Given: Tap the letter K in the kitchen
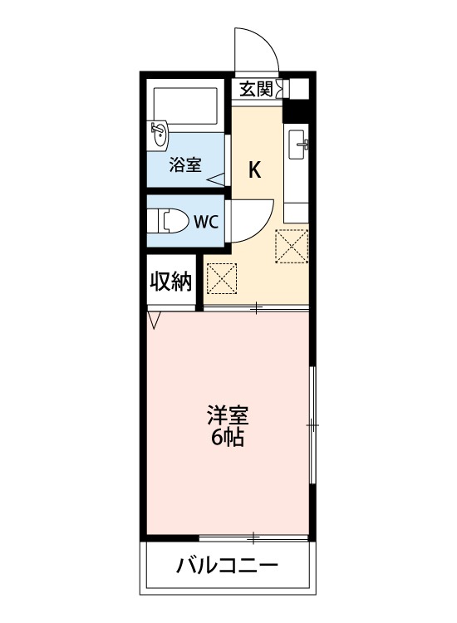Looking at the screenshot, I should [x=256, y=171].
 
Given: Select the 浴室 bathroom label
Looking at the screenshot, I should [x=184, y=164].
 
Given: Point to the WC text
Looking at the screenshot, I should [x=206, y=222].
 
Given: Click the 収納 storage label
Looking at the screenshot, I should [x=170, y=282].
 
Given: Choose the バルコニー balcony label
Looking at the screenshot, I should [x=227, y=567].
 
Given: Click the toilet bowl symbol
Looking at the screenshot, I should [x=170, y=222].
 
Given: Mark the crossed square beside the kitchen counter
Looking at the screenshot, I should [x=292, y=245].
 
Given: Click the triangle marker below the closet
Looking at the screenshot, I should [x=154, y=316].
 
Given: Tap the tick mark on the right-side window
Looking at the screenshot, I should [x=312, y=424].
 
